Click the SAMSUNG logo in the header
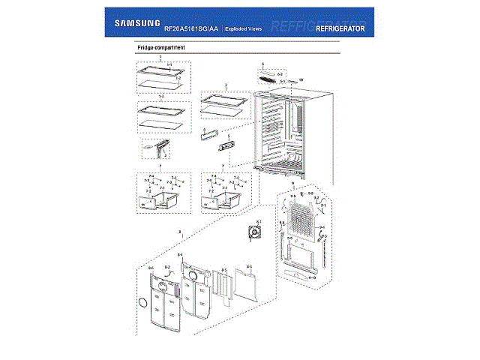137,22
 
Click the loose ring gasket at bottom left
140,304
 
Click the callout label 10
301,79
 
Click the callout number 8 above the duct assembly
180,234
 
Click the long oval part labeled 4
211,136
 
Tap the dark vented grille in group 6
268,78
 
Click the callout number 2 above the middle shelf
226,86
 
